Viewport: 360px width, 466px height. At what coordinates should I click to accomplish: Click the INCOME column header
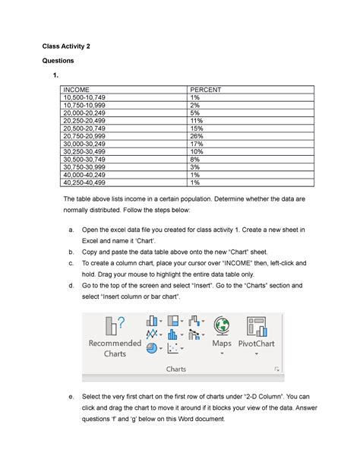tap(75, 90)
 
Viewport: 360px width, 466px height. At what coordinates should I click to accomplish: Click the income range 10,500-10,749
tap(85, 97)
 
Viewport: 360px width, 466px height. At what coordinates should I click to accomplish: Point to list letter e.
tap(71, 396)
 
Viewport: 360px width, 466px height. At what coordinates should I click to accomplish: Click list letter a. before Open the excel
tap(71, 229)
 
